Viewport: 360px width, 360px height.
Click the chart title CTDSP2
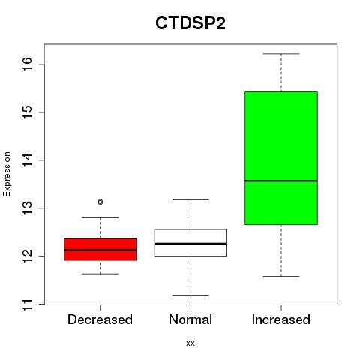click(x=190, y=23)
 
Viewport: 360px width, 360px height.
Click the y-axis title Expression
click(x=7, y=174)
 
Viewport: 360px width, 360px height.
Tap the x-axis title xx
click(x=190, y=343)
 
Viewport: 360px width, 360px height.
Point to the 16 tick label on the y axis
click(x=27, y=64)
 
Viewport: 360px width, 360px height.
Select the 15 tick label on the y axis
click(x=27, y=112)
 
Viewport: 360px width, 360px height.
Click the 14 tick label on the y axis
click(x=27, y=160)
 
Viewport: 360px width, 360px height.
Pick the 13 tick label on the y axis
click(x=27, y=208)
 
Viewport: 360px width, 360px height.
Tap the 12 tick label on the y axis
click(x=27, y=256)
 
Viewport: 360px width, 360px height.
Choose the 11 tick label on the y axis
click(x=27, y=304)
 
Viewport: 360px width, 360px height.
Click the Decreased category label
click(x=100, y=319)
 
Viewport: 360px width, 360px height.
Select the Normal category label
click(x=190, y=319)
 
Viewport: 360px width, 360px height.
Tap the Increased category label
click(x=281, y=319)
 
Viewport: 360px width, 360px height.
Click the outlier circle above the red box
click(x=100, y=202)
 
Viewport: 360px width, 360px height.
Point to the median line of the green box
click(x=281, y=181)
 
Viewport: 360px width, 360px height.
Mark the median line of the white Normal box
click(x=190, y=243)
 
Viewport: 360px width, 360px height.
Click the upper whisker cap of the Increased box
click(x=281, y=54)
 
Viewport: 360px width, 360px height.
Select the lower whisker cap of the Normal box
click(x=190, y=295)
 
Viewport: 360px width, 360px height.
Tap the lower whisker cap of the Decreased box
click(x=100, y=274)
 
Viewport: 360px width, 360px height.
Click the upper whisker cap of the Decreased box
click(x=100, y=217)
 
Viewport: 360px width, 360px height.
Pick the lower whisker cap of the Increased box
click(x=281, y=276)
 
